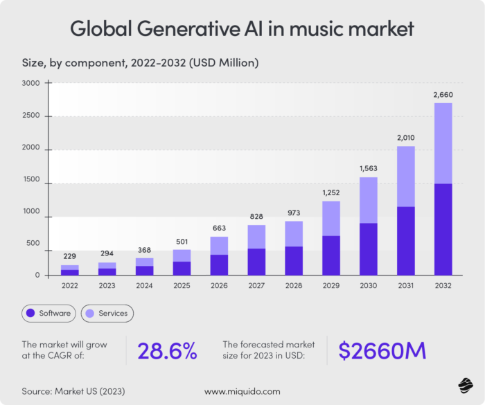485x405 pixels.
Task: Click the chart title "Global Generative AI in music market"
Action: coord(242,29)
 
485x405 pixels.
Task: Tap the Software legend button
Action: coord(48,313)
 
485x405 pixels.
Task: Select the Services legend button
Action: coord(107,313)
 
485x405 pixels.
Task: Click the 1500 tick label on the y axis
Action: coord(31,183)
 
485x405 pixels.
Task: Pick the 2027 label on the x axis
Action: coord(257,284)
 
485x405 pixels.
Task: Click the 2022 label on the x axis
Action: coord(69,284)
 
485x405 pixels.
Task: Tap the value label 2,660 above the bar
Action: coord(443,93)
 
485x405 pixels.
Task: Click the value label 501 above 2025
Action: coord(182,240)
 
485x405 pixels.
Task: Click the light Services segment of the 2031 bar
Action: coord(406,177)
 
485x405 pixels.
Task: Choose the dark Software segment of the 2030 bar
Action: coord(369,249)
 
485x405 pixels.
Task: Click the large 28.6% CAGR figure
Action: coord(168,351)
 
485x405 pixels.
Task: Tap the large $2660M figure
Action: coord(382,351)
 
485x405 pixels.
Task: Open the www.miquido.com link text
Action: coord(242,391)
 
